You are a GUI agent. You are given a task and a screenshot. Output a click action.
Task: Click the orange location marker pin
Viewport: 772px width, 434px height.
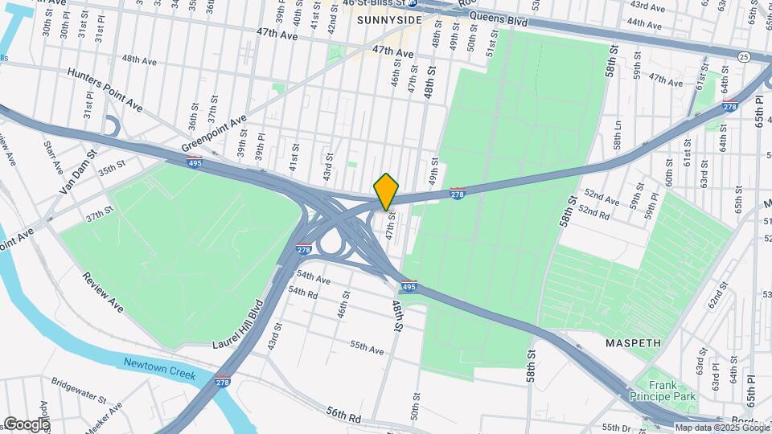coord(386,191)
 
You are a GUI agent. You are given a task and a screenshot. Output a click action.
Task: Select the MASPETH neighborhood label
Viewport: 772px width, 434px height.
coord(634,343)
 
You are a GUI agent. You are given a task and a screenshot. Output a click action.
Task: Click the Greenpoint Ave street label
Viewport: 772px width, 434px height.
coord(214,133)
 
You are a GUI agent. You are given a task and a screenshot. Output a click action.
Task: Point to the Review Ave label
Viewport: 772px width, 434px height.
coord(102,292)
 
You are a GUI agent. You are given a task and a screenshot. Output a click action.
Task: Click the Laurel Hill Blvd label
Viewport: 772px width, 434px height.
coord(238,325)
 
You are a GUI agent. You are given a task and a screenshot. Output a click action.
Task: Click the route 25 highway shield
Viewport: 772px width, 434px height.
coord(745,56)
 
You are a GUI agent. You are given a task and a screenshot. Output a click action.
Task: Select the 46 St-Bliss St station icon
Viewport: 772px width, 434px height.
coord(412,3)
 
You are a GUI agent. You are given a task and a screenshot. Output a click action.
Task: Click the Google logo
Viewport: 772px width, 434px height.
coord(26,424)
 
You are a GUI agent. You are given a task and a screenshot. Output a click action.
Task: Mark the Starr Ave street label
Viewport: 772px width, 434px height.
coord(54,158)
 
